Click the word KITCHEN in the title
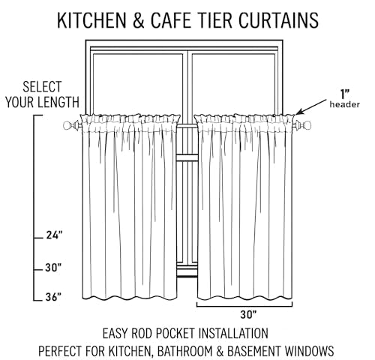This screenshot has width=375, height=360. (91, 20)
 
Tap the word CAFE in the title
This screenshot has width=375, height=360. (172, 20)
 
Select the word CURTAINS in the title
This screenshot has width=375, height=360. (278, 20)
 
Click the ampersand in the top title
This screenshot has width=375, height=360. (139, 20)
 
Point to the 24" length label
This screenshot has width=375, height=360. (54, 235)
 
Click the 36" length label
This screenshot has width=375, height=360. (53, 297)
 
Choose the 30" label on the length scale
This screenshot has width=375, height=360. (53, 268)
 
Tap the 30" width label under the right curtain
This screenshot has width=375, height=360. (248, 314)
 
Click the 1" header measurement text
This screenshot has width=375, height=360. (345, 94)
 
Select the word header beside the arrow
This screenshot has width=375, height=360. (345, 104)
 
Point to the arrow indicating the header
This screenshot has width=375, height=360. (310, 107)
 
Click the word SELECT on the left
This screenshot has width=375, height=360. (42, 87)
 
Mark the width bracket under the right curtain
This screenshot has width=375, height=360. (244, 306)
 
